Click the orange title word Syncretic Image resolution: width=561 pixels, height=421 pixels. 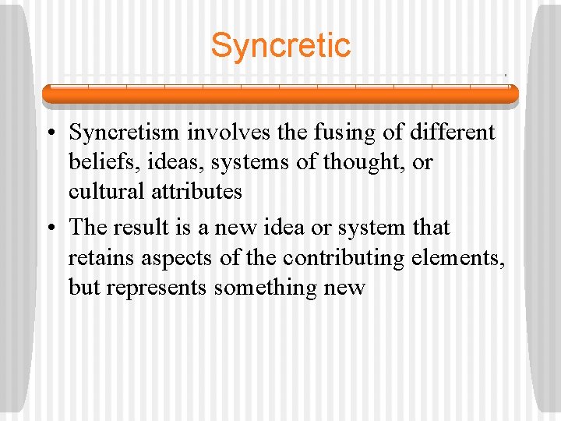280,45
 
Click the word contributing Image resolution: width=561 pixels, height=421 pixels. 348,257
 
